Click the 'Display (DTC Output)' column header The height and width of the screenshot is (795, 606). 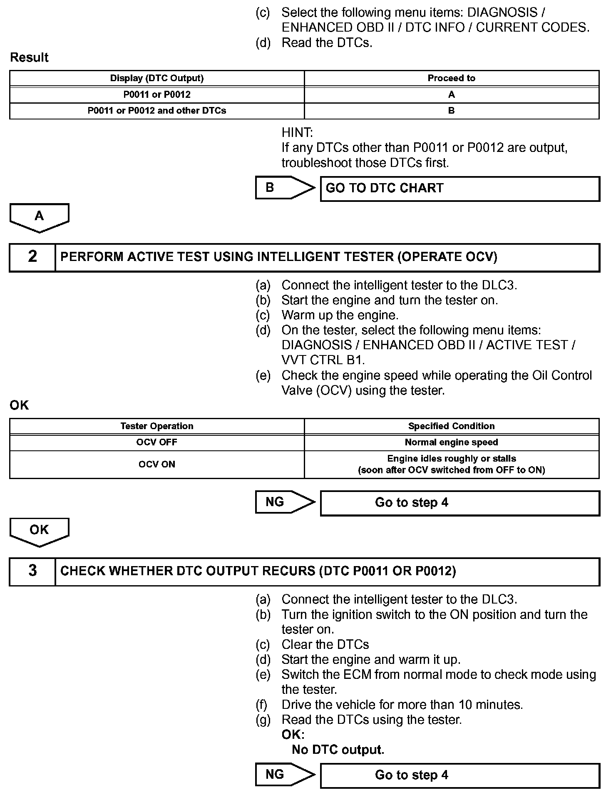(157, 78)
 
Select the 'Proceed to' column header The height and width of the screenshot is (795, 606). (451, 78)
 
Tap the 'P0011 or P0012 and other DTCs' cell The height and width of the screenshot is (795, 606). (157, 111)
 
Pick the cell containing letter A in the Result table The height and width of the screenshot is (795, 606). (451, 94)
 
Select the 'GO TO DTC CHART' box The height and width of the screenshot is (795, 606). (459, 189)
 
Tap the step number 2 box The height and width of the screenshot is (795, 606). (32, 257)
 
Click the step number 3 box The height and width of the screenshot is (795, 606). (32, 571)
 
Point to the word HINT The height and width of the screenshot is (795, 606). (297, 133)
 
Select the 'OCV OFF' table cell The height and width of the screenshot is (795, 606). (157, 442)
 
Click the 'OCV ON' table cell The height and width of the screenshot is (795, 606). (157, 464)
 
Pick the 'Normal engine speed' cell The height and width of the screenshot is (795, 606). (451, 442)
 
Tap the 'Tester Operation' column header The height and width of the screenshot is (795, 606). (157, 426)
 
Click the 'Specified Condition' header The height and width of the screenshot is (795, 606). (451, 426)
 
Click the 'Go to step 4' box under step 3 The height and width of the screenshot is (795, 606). (459, 775)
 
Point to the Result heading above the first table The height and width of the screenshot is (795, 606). (29, 57)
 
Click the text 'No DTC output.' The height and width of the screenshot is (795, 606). (338, 750)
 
